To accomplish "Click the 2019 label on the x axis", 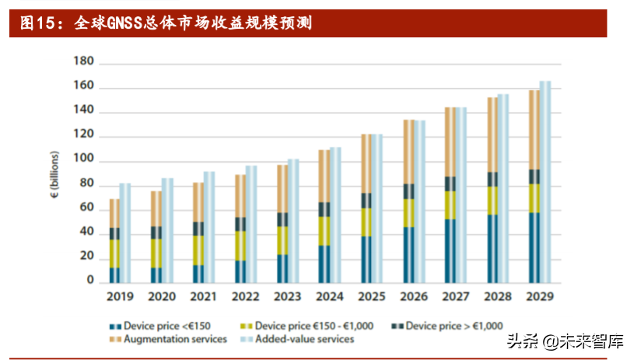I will click(120, 297).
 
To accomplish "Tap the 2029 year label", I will click(538, 297).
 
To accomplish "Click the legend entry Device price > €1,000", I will click(449, 326).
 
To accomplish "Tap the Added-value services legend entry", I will click(299, 339).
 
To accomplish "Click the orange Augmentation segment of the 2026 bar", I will click(408, 152).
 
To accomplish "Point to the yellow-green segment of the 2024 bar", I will click(324, 231).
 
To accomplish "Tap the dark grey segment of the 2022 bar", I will click(240, 224).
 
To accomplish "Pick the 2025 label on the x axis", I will click(371, 297).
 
